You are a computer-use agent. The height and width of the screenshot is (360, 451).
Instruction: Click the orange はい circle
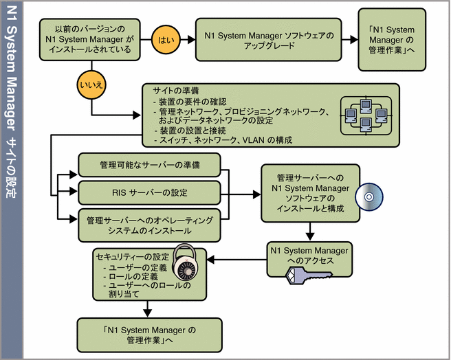point(166,39)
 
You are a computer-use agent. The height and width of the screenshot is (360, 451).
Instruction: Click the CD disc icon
point(368,197)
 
